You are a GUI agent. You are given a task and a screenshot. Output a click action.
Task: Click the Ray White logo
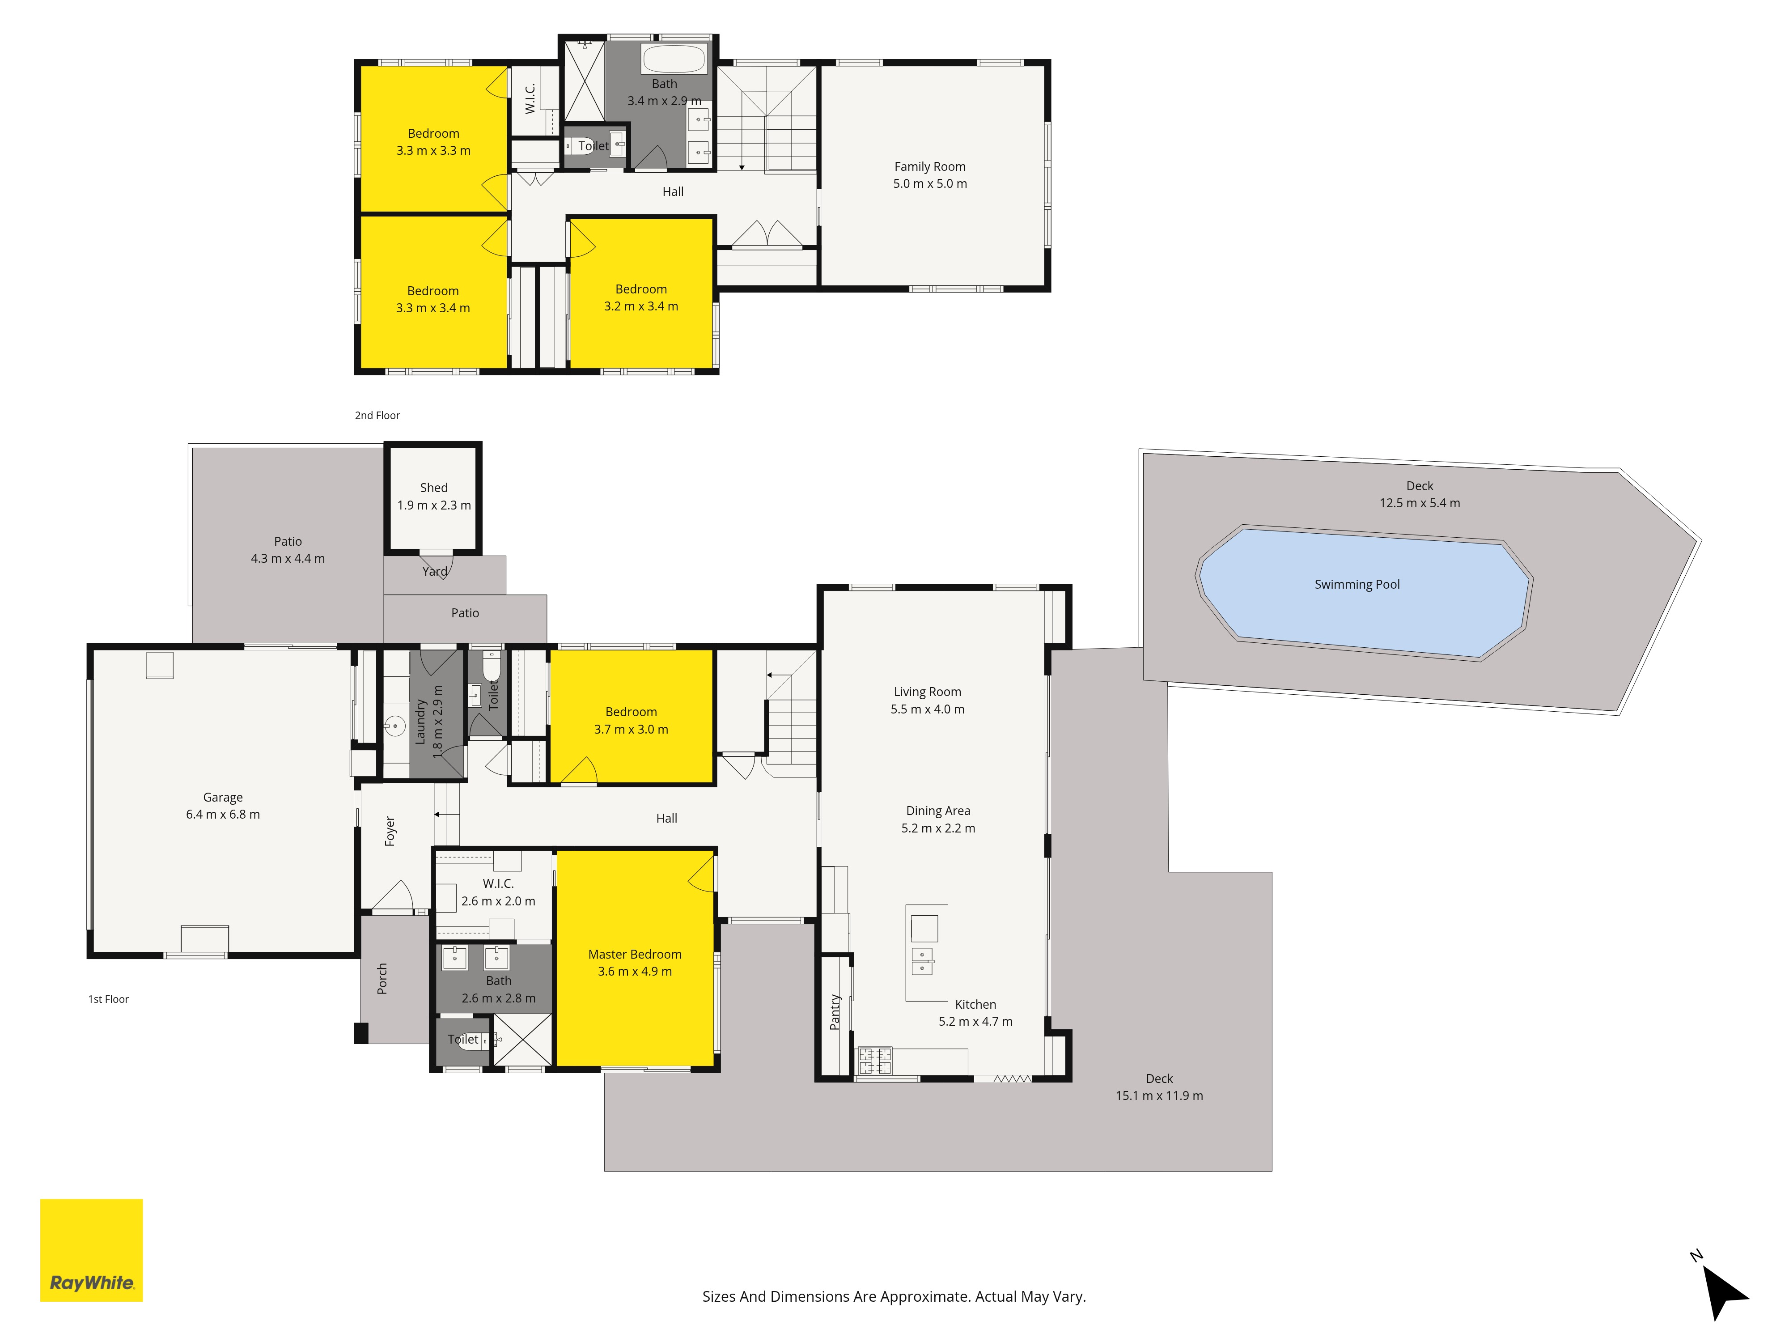91,1250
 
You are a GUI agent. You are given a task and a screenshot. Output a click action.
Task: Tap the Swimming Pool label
1357,584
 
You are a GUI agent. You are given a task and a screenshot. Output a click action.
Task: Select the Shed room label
433,488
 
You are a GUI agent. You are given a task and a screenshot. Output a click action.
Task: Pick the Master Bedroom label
635,955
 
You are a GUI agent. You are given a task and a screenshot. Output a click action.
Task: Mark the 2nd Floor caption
377,415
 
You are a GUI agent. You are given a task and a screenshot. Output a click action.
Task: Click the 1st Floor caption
108,999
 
